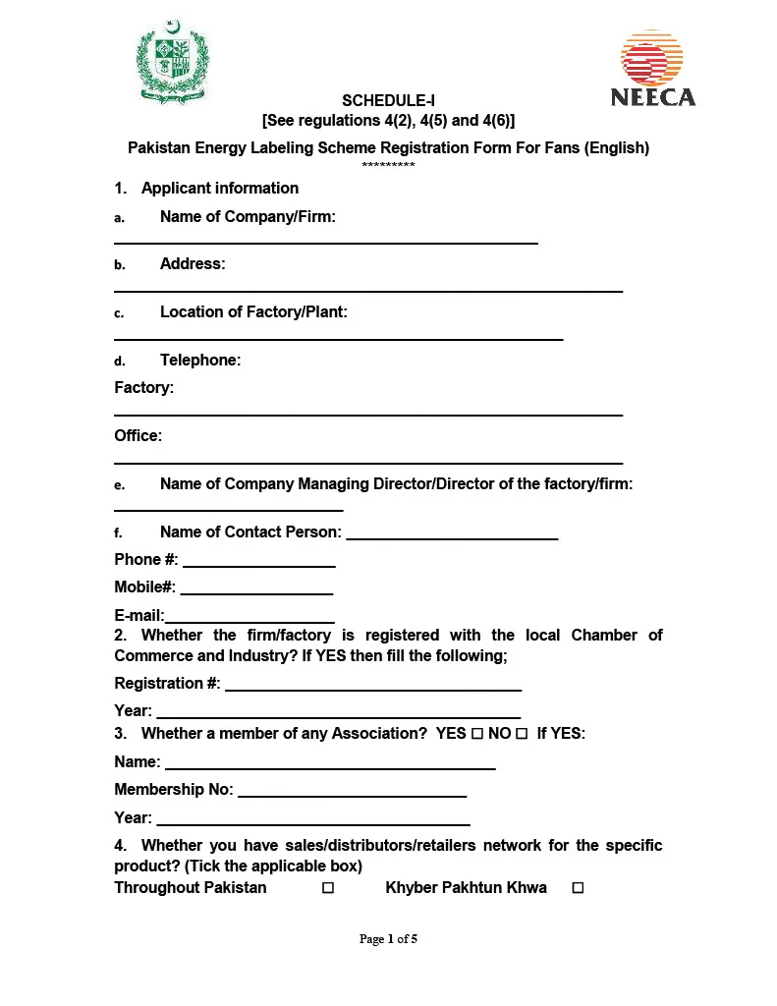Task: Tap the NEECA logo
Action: pos(652,69)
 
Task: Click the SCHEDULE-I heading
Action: pos(388,100)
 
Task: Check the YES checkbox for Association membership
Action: pos(476,734)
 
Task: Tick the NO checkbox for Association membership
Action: pos(522,734)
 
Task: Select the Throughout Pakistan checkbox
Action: pos(328,888)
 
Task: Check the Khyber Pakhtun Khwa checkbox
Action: pos(578,888)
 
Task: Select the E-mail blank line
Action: pos(250,620)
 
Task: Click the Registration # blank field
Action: pos(373,688)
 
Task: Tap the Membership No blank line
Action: pos(352,794)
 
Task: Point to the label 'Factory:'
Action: pos(143,388)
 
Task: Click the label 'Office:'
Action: pos(139,436)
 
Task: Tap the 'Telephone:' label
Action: pos(200,361)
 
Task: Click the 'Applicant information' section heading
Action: pos(220,189)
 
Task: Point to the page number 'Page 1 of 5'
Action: pos(388,939)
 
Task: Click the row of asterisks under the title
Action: pos(388,165)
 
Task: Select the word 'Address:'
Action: pos(193,264)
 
